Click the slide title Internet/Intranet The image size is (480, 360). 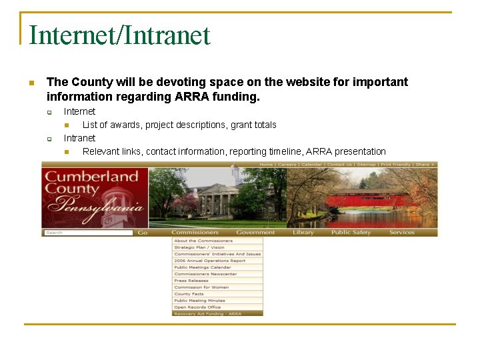point(120,35)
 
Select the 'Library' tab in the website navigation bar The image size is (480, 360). point(303,233)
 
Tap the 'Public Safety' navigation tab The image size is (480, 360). point(351,233)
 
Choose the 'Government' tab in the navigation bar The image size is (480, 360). point(255,233)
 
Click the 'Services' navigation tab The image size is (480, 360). point(401,233)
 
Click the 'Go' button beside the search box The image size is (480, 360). point(143,233)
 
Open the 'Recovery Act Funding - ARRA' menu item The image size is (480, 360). point(209,313)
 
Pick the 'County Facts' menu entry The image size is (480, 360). point(189,294)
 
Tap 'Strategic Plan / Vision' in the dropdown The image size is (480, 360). point(199,247)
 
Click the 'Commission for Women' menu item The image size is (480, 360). point(201,287)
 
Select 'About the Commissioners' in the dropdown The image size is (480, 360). point(203,241)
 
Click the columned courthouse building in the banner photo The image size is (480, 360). point(216,199)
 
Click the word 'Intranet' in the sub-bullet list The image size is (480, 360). point(79,138)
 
